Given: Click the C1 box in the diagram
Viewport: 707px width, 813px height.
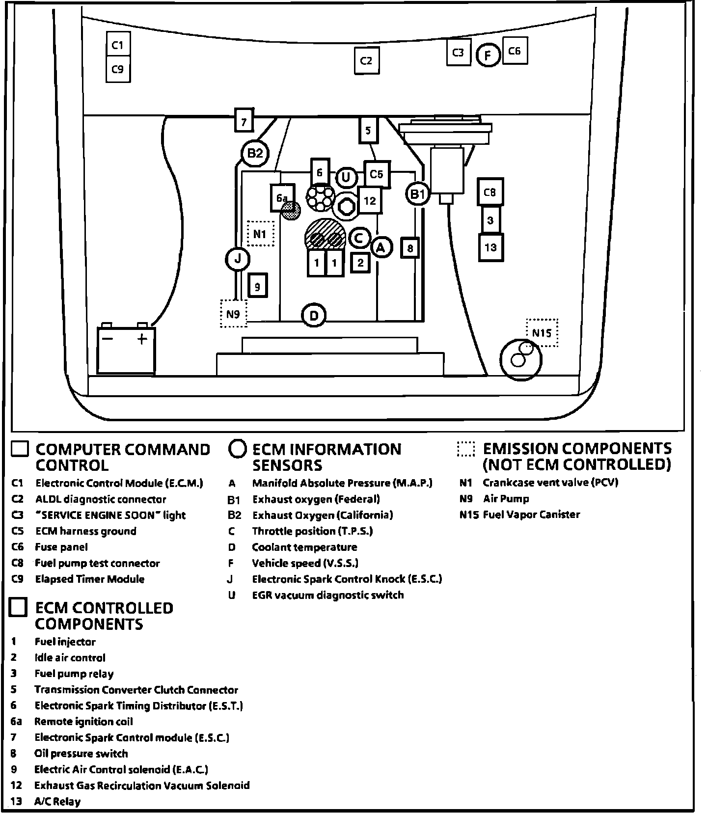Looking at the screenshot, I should coord(118,45).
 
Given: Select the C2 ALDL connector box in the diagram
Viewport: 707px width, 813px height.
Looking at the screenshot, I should coord(366,60).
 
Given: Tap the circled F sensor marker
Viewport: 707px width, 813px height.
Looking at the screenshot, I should coord(488,55).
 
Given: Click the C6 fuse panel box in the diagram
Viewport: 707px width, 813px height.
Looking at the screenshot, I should coord(515,51).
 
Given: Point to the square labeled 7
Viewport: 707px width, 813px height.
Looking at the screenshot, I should coord(244,120).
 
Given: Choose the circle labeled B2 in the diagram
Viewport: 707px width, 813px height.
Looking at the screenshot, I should coord(255,154).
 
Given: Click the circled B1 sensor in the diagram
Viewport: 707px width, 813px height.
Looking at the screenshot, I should coord(417,194).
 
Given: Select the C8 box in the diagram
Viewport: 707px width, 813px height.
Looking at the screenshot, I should coord(490,192).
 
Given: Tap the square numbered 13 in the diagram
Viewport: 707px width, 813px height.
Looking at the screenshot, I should coord(490,247).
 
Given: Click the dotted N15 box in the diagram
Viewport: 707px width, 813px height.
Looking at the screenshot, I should coord(542,333).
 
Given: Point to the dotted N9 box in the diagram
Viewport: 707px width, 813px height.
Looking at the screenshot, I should coord(233,313).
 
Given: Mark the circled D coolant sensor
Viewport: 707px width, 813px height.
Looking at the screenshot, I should coord(314,315).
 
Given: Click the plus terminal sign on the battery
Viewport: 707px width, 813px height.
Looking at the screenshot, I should coord(142,339).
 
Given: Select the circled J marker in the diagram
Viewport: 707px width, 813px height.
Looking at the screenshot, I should coord(238,258).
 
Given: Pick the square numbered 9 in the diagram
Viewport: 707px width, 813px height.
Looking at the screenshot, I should coord(258,286).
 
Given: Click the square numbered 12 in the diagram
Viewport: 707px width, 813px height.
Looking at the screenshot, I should coord(370,200).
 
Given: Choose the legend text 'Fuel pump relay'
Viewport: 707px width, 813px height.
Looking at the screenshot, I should coord(74,674).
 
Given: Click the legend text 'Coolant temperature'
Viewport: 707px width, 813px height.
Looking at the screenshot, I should coord(304,547).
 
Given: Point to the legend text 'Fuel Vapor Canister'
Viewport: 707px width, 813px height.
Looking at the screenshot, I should coord(531,515).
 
